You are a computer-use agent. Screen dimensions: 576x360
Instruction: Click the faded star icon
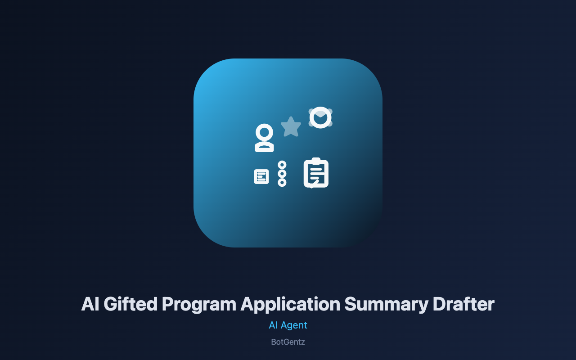click(291, 127)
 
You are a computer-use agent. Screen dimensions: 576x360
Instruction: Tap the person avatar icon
click(264, 138)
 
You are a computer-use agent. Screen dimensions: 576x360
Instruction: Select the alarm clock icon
click(320, 117)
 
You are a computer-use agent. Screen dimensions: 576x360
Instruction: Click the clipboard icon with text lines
click(316, 173)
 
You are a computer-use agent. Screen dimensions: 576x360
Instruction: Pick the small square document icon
click(261, 177)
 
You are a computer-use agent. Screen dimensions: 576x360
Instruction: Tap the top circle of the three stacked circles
click(282, 165)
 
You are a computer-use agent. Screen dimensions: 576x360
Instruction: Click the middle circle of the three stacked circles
click(282, 174)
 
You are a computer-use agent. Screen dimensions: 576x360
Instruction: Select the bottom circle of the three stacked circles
click(282, 183)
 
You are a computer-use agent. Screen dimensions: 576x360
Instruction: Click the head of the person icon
click(264, 132)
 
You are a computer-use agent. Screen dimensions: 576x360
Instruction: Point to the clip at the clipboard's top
click(316, 160)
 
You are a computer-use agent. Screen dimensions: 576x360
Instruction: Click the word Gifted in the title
click(130, 305)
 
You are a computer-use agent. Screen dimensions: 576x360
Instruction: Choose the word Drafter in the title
click(463, 304)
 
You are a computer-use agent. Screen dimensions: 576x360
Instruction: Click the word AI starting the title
click(90, 304)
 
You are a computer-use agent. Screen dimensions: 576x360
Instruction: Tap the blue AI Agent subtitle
click(288, 325)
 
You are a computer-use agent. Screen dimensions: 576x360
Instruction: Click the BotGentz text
click(288, 342)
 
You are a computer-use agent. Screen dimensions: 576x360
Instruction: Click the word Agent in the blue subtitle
click(294, 326)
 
